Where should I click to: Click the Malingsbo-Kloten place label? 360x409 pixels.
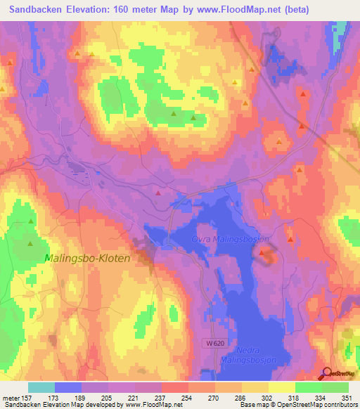[87, 258]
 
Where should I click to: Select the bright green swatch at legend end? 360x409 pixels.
[335, 387]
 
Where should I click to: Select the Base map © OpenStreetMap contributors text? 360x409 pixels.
[300, 405]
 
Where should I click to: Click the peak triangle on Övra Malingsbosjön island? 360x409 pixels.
[263, 252]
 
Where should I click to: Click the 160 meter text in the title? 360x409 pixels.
[131, 9]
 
